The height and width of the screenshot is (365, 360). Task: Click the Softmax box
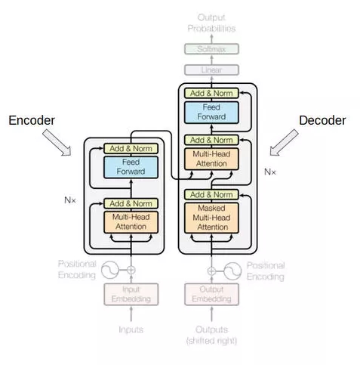tap(211, 49)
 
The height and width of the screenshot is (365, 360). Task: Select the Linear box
tap(211, 70)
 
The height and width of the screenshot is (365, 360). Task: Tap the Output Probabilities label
tap(211, 23)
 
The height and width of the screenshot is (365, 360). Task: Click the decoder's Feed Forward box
tap(211, 113)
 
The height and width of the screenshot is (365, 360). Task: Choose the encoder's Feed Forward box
tap(131, 167)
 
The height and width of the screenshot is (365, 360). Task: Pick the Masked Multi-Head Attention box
tap(211, 218)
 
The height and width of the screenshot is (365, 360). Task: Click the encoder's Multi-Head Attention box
tap(131, 222)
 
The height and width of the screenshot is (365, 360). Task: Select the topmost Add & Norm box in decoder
tap(211, 93)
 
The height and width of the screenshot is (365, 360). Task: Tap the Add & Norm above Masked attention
tap(211, 195)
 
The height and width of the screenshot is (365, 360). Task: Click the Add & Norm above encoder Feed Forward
tap(131, 148)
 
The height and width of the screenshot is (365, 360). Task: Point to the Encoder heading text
tap(32, 120)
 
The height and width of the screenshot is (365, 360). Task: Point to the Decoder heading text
tap(322, 120)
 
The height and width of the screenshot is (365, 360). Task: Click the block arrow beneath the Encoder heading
tap(57, 143)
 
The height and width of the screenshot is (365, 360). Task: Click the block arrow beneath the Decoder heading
tap(284, 143)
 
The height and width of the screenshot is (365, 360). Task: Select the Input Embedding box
tap(131, 294)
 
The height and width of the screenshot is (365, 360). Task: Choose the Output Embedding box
tap(211, 294)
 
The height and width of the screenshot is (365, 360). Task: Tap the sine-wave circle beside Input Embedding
tap(110, 270)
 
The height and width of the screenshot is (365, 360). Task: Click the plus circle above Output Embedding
tap(212, 271)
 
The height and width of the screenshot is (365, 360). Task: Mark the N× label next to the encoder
tap(70, 200)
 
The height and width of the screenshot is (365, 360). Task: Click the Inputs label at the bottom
tap(131, 329)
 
